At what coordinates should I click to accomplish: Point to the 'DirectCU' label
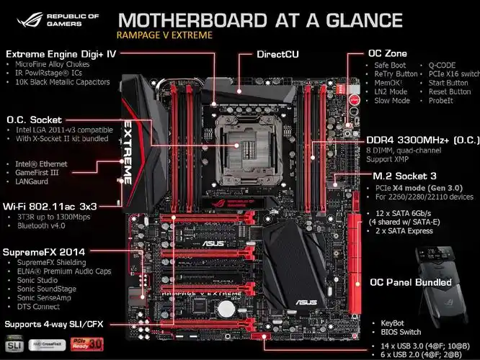(278, 54)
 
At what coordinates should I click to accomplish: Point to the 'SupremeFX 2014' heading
(45, 252)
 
